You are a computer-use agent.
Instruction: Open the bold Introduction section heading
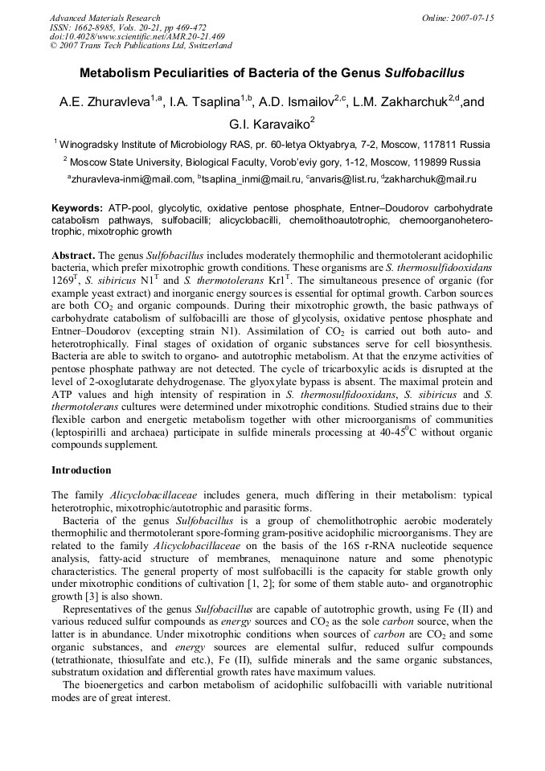(x=81, y=470)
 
